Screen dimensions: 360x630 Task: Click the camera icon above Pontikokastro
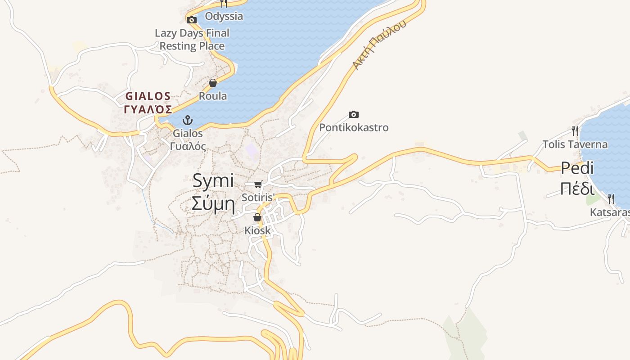point(354,115)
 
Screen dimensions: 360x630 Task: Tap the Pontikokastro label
point(354,127)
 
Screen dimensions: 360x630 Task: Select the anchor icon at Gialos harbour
point(187,120)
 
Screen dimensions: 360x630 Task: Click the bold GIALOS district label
point(148,96)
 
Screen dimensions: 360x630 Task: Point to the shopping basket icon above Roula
point(213,83)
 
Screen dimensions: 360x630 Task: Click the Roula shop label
point(213,96)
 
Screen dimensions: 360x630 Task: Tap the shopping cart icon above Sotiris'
point(258,184)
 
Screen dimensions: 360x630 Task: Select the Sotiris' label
point(258,197)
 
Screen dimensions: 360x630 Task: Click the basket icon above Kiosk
point(257,218)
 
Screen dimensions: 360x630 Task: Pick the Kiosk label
point(257,230)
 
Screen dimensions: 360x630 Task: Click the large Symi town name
point(213,181)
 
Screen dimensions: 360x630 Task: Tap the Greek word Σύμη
point(213,203)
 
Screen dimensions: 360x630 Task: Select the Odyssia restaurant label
point(224,16)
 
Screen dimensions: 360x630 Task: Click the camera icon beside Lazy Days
point(192,20)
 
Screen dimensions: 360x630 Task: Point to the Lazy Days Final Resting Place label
point(192,39)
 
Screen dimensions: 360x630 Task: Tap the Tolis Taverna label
point(575,144)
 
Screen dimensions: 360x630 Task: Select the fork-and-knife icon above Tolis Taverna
point(575,131)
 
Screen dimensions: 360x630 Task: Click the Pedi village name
point(577,168)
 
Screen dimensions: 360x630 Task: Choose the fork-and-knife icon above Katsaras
point(611,199)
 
